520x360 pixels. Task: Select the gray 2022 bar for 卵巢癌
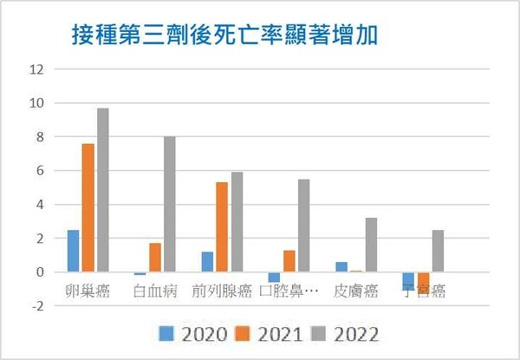[x=103, y=190]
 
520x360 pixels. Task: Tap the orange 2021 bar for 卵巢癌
[x=88, y=207]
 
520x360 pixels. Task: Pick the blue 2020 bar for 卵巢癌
[x=74, y=251]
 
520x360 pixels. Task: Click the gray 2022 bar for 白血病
[x=170, y=204]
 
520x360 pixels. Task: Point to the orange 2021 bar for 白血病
[x=155, y=258]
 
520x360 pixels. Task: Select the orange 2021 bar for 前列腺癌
[x=222, y=227]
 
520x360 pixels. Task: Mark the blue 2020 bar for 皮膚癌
[x=341, y=267]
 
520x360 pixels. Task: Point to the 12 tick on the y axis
[x=36, y=69]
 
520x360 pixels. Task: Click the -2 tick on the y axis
[x=36, y=305]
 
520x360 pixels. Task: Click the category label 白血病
[x=155, y=291]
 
